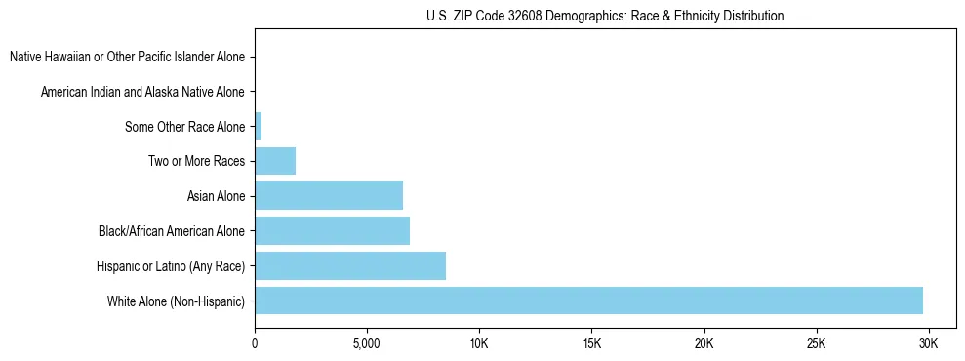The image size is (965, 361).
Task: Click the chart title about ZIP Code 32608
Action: point(605,16)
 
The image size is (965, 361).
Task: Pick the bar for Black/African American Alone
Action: point(332,230)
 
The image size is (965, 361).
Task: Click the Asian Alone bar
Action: point(329,195)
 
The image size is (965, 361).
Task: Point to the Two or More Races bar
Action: point(275,161)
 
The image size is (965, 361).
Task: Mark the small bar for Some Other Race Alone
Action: point(259,126)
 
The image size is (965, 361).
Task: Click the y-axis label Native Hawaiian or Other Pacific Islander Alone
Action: point(127,57)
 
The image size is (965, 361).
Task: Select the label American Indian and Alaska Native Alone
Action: point(142,92)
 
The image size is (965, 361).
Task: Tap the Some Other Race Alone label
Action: point(184,127)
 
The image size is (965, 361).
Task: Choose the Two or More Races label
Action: point(196,161)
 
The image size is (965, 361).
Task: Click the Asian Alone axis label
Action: point(216,196)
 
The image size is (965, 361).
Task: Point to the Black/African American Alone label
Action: point(172,231)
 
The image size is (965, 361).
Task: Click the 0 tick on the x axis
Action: point(255,343)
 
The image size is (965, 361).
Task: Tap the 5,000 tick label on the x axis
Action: point(367,343)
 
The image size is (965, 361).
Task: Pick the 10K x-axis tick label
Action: point(479,343)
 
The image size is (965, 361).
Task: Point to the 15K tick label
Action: point(591,343)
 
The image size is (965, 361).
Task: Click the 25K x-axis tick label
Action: point(816,343)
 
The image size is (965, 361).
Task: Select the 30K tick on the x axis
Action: point(928,343)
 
